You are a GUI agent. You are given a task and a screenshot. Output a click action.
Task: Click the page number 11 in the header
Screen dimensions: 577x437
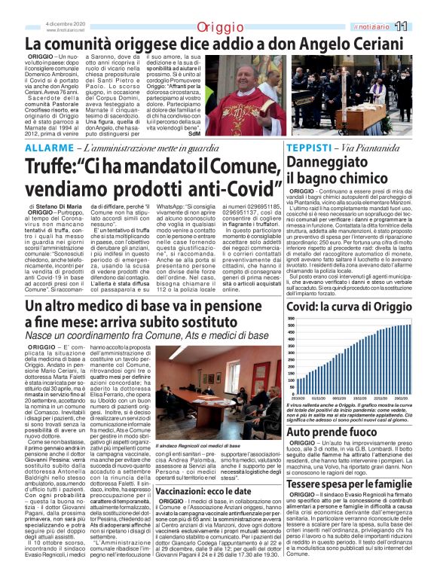[421, 26]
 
